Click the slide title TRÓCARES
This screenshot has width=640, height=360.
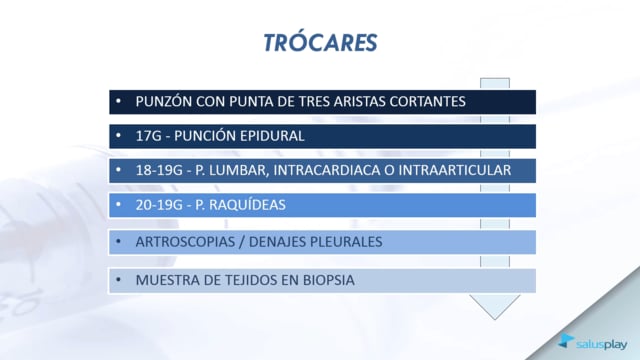(320, 42)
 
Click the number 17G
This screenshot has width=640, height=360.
(149, 136)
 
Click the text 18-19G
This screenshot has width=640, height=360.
(159, 170)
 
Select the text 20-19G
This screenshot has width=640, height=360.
(159, 205)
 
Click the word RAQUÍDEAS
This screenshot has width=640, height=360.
(248, 205)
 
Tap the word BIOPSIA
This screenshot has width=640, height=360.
(329, 280)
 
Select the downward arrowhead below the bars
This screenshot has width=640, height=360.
(495, 307)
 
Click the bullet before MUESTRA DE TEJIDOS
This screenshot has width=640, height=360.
(118, 280)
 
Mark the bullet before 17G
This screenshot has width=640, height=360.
(118, 136)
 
